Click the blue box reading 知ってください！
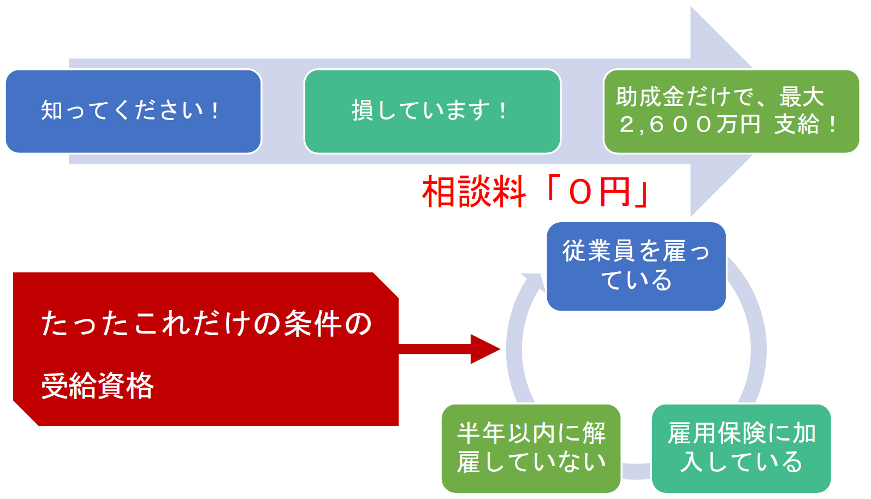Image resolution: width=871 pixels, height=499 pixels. (133, 111)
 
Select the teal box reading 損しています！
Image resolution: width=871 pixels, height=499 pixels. (432, 111)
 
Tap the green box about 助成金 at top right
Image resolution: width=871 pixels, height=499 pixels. (731, 111)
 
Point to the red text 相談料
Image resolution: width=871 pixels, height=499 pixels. (473, 192)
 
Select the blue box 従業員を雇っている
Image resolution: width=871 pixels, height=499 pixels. (636, 266)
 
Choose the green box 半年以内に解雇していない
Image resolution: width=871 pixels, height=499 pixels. (531, 448)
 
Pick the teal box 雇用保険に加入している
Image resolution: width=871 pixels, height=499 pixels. (741, 448)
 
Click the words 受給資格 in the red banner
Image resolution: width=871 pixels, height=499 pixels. (98, 386)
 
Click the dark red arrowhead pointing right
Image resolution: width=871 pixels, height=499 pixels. (484, 349)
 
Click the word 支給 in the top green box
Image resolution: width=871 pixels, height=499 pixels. (797, 125)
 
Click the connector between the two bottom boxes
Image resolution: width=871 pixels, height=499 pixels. (636, 471)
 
